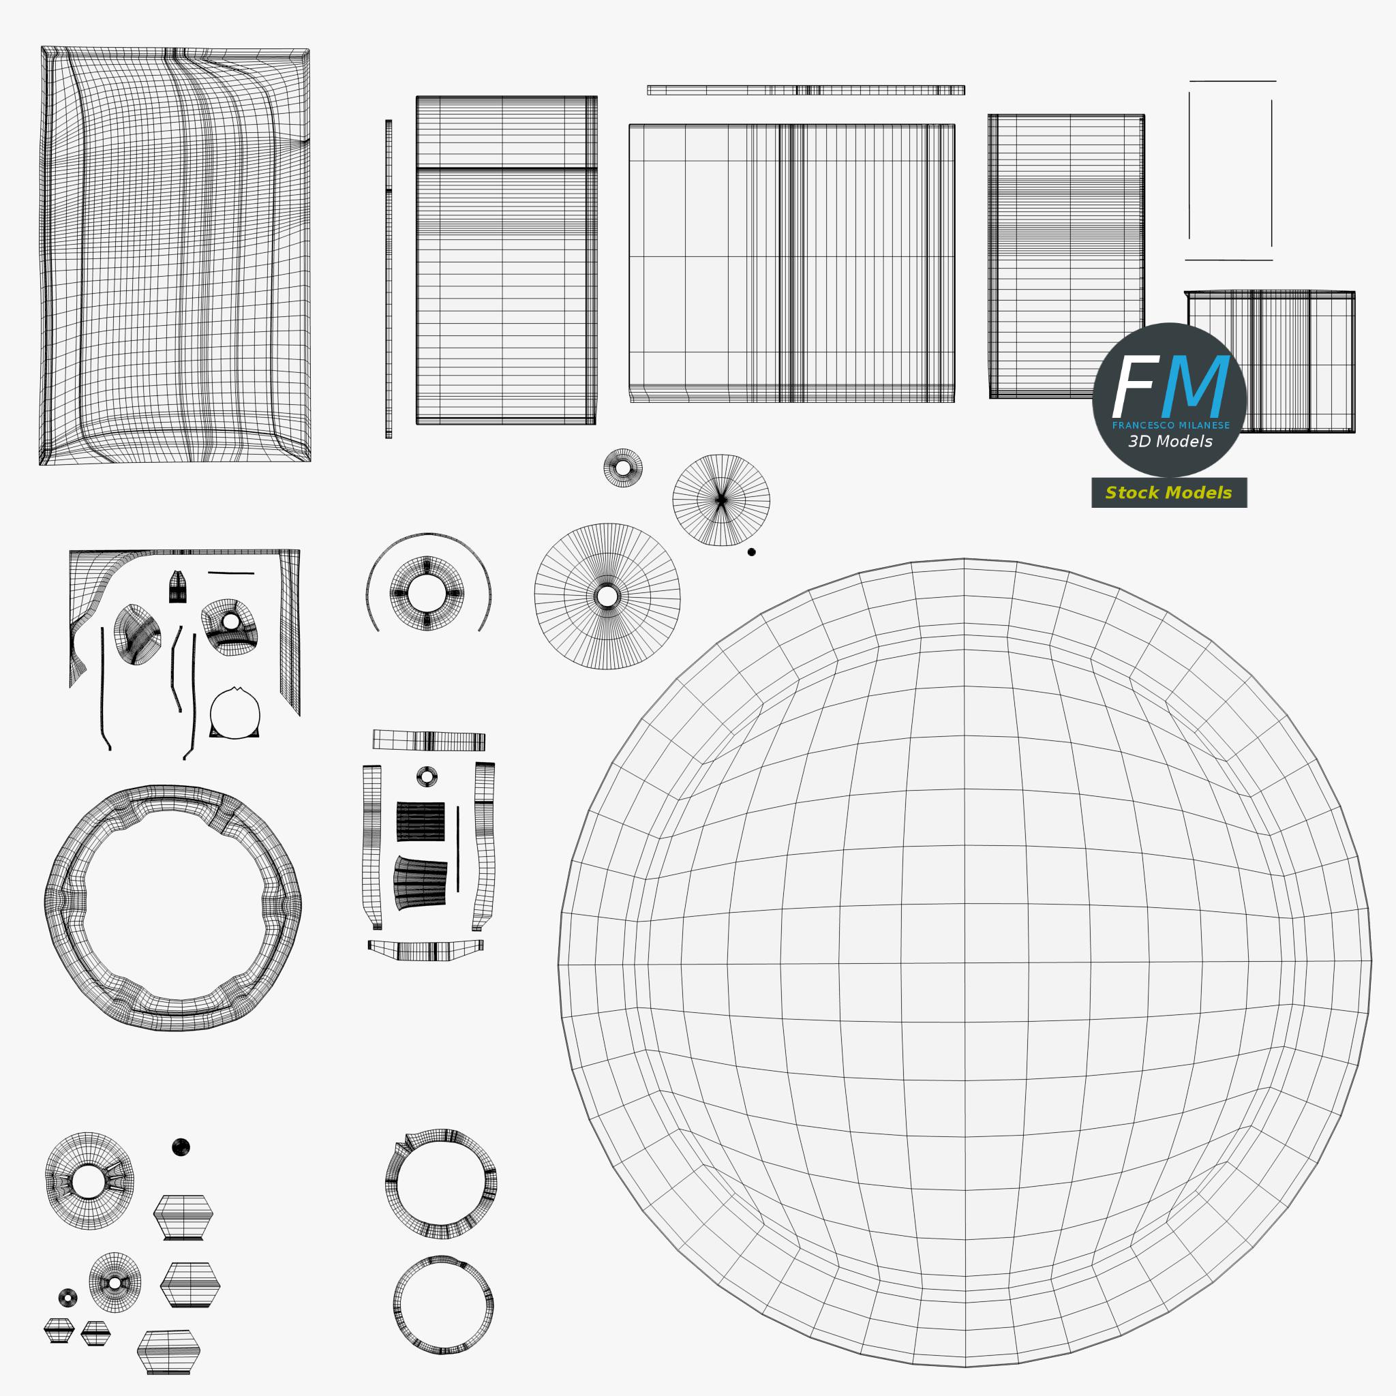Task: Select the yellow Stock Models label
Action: [x=1168, y=493]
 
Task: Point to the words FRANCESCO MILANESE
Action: [x=1170, y=425]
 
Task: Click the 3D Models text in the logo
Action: [x=1170, y=442]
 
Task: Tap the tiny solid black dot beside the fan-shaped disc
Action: [x=751, y=552]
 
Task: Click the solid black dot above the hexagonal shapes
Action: [x=181, y=1147]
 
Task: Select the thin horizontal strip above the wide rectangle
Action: [x=806, y=91]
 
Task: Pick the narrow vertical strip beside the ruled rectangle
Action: [x=389, y=279]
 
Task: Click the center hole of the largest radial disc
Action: [x=607, y=597]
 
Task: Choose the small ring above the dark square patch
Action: [x=427, y=777]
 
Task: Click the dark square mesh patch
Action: [x=421, y=821]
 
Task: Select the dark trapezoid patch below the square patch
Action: [x=420, y=882]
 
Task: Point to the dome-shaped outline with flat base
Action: [x=235, y=713]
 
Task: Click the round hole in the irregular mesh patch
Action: [x=231, y=622]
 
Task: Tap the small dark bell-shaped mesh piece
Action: [x=178, y=587]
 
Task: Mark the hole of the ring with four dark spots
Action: [x=427, y=594]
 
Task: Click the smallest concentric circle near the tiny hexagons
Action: [x=68, y=1298]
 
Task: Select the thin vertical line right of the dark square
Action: [x=458, y=849]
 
